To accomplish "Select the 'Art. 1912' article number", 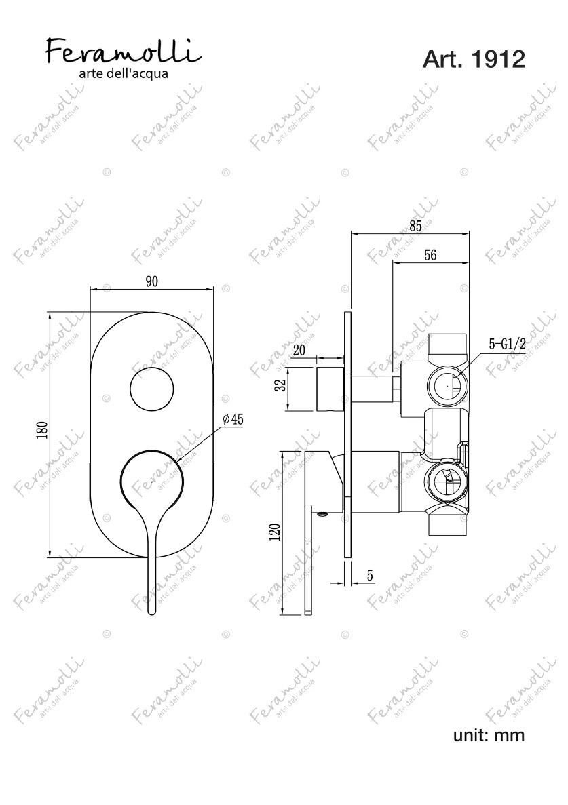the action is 474,60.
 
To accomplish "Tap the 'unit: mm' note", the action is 489,734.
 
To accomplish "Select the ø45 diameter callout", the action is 233,419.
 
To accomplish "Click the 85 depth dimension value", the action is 415,226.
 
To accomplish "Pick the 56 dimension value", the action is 430,254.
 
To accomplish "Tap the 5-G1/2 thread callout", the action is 507,345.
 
